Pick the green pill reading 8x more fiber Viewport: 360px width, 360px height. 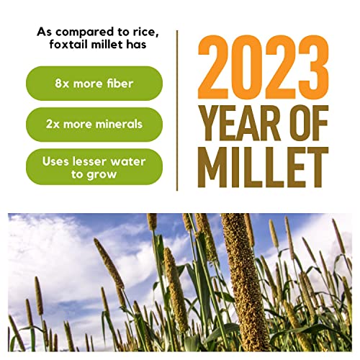point(94,84)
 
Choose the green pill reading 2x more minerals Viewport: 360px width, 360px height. point(94,125)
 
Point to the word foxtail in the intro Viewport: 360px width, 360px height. point(66,46)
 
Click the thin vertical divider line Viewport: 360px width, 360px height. point(177,108)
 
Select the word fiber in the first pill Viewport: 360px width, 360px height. point(118,84)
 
